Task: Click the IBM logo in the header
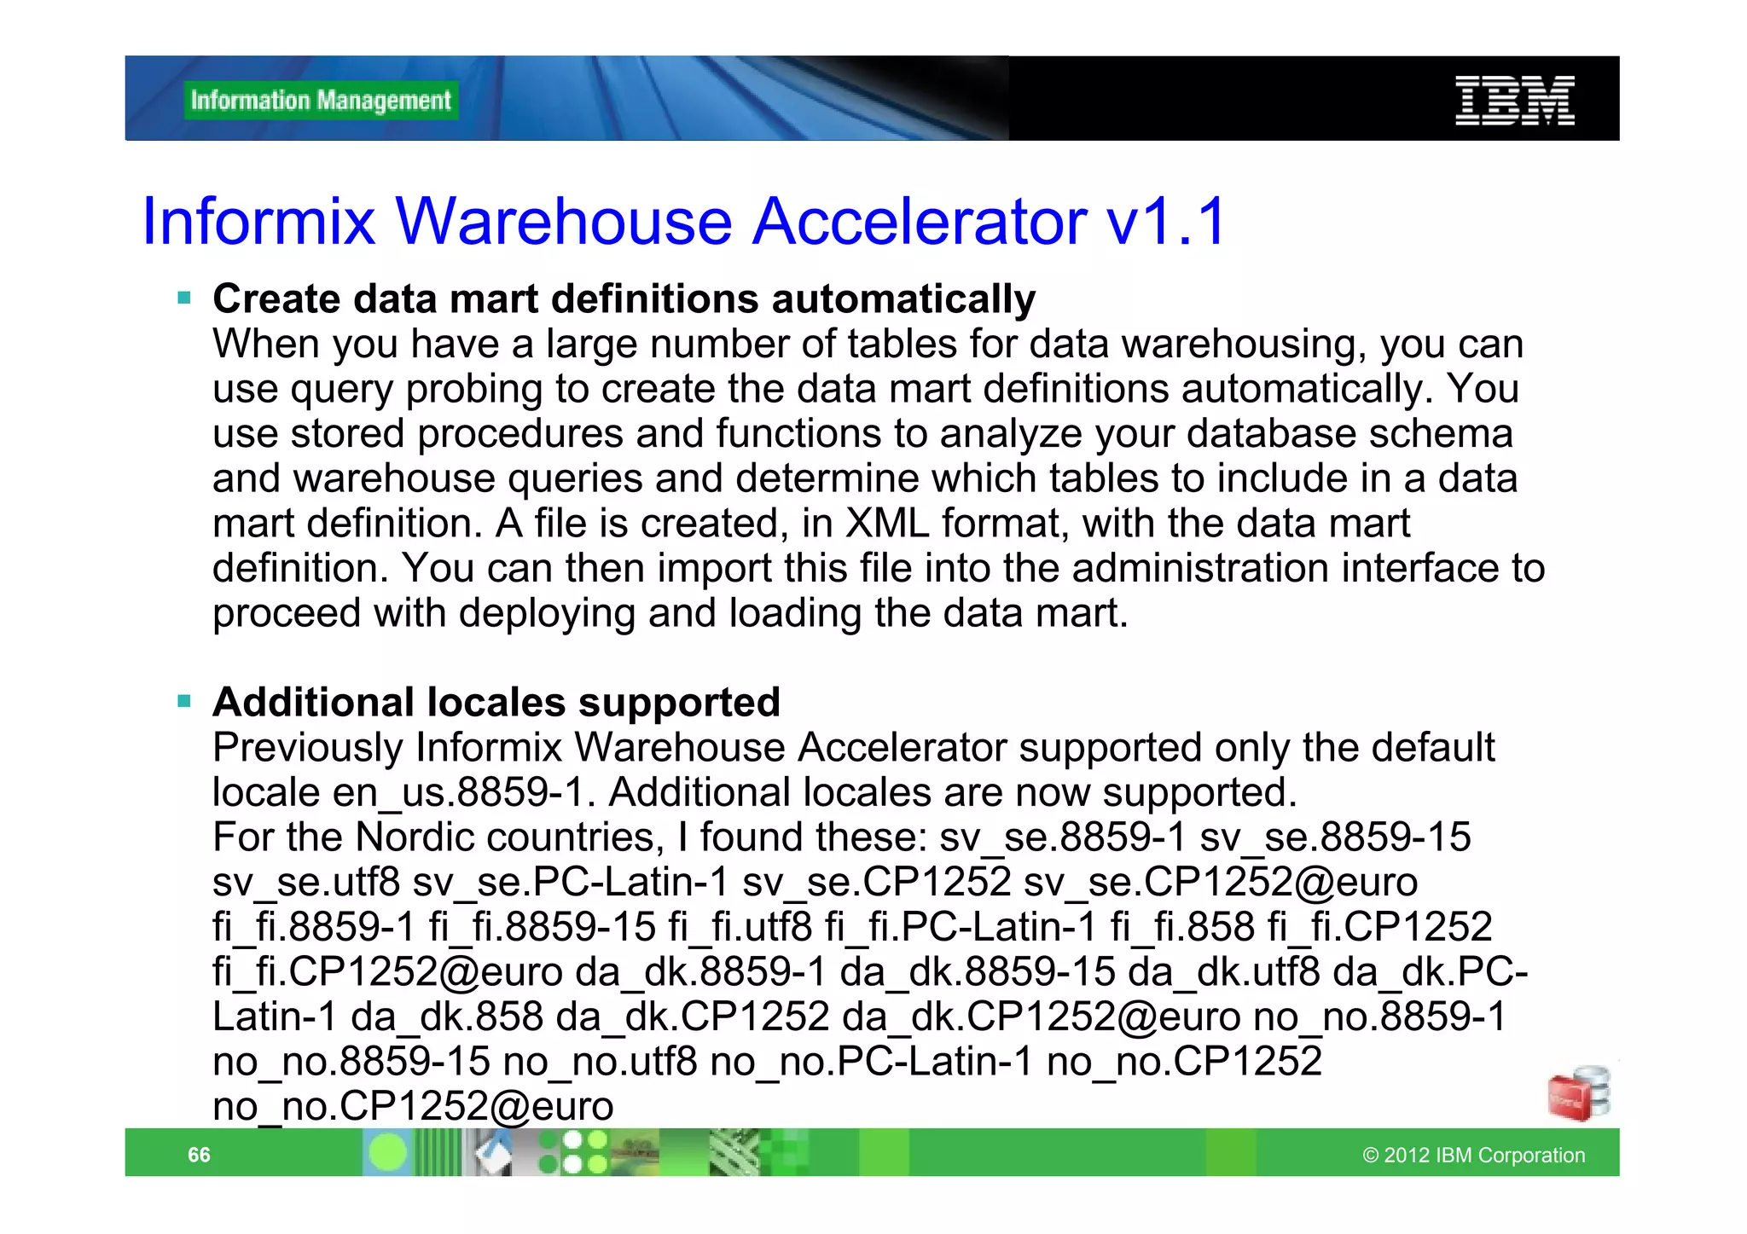click(1514, 101)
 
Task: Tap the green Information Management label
click(321, 101)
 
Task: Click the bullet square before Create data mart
click(184, 298)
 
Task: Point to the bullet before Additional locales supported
click(184, 702)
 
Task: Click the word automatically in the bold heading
click(903, 299)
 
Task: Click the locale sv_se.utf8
click(306, 882)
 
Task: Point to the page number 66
click(199, 1155)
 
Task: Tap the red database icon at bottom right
click(1577, 1094)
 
